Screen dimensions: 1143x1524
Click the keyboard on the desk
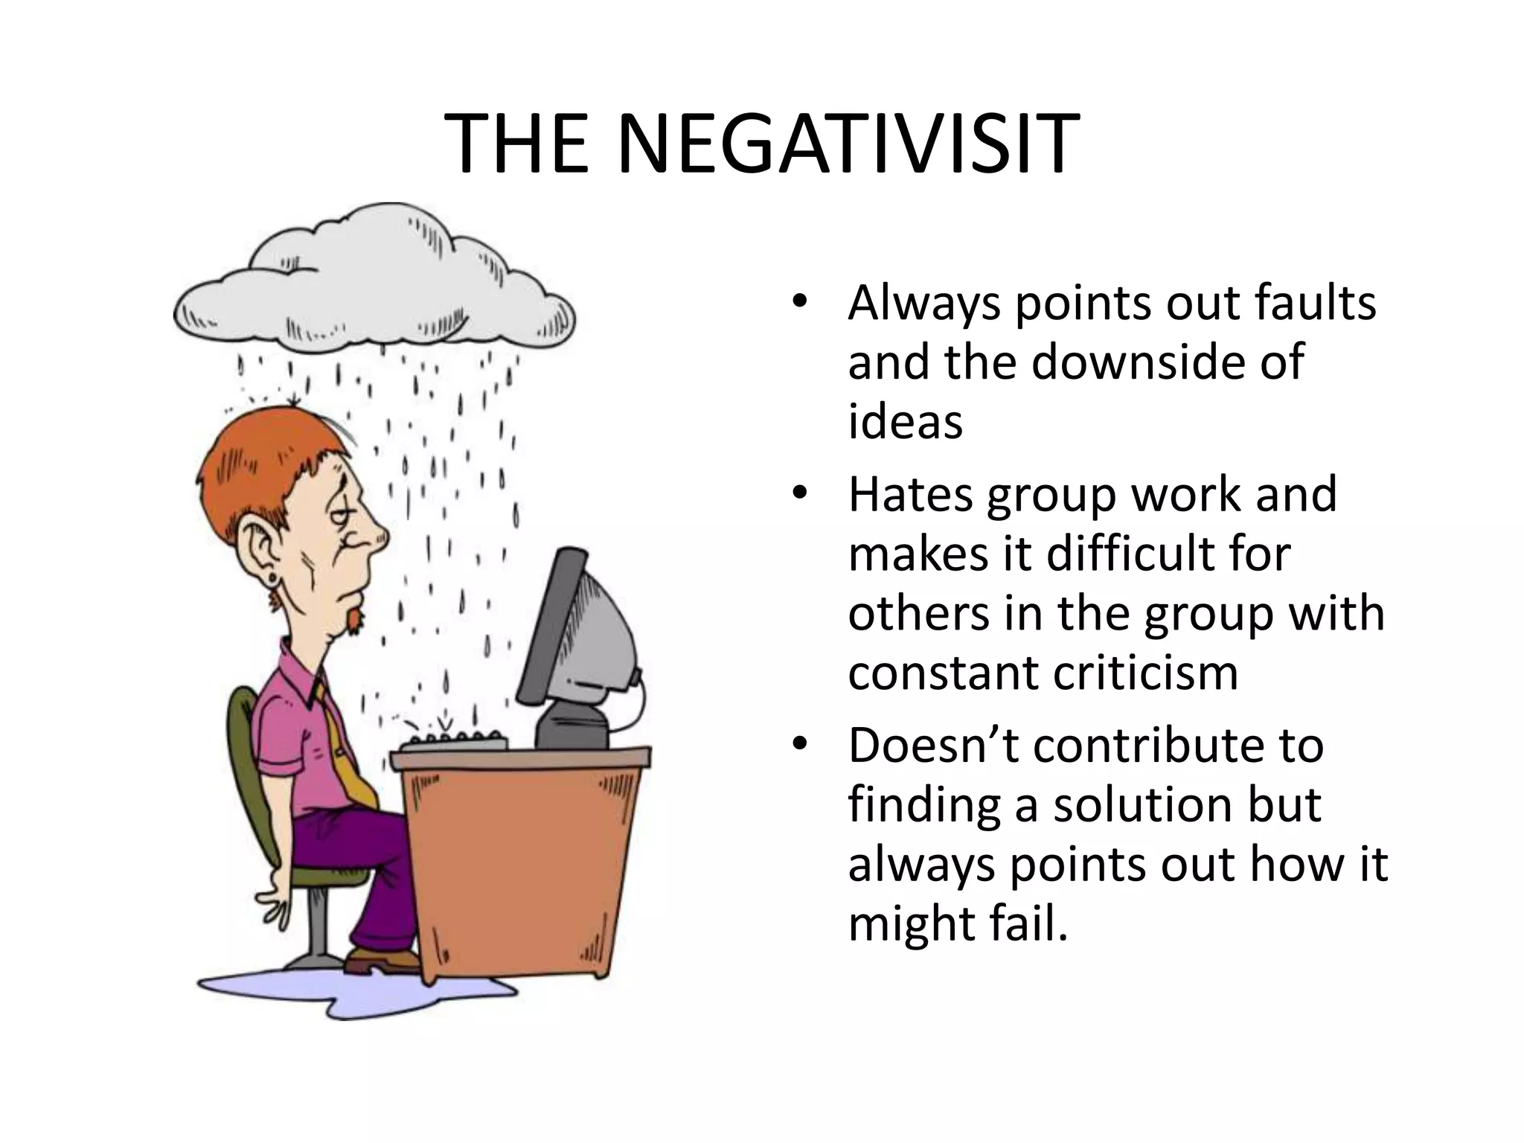click(454, 740)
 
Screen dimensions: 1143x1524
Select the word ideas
click(905, 421)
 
